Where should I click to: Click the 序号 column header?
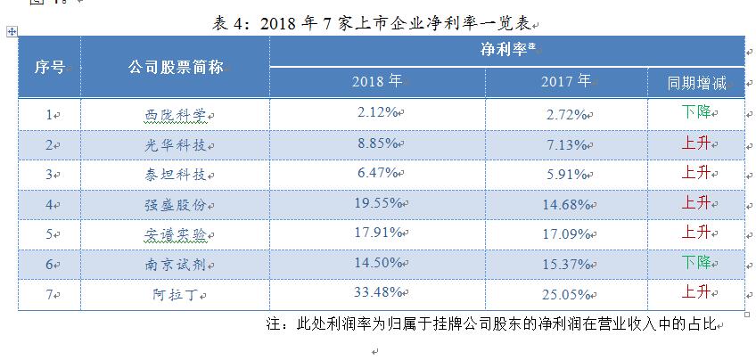tap(49, 67)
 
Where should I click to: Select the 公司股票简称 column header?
tap(175, 67)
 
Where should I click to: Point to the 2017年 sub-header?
tap(565, 82)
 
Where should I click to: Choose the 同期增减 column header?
tap(695, 83)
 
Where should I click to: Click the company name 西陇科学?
tap(175, 114)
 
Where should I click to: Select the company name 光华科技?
tap(175, 143)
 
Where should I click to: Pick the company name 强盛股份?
tap(175, 204)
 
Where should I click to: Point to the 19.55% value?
tap(376, 202)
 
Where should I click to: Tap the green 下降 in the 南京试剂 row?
tap(695, 262)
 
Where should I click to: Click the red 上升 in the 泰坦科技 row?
tap(695, 172)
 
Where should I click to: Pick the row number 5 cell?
tap(49, 234)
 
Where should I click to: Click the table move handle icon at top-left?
tap(11, 32)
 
